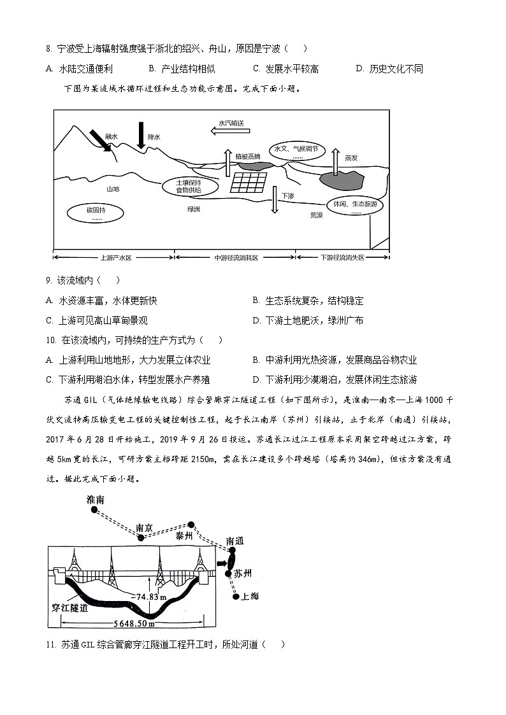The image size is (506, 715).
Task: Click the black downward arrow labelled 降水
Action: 141,134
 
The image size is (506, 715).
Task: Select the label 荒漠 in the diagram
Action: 316,215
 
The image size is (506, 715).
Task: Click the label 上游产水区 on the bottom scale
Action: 115,257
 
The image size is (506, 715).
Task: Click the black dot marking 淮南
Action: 94,510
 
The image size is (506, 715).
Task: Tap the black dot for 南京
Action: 143,538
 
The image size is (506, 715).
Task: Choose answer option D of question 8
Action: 389,69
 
